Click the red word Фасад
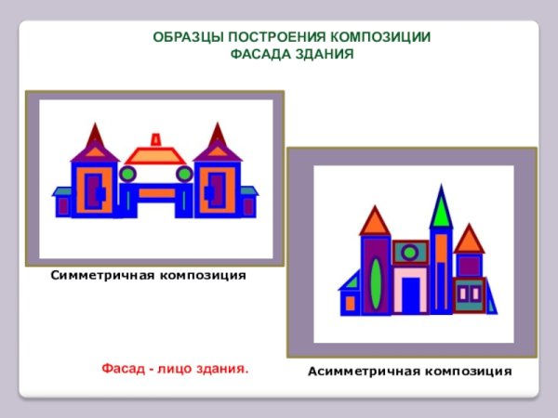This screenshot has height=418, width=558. click(x=123, y=369)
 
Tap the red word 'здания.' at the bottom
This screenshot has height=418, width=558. click(x=220, y=369)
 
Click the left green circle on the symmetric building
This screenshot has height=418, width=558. click(x=128, y=174)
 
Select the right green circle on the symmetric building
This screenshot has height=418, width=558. click(x=184, y=174)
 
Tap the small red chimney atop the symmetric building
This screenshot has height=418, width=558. click(x=156, y=139)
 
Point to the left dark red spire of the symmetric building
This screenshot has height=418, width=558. click(x=94, y=137)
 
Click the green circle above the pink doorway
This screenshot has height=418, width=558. click(x=410, y=252)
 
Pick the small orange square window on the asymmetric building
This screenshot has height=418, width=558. click(x=350, y=303)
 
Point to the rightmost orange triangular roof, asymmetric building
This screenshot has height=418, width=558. click(x=469, y=240)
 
